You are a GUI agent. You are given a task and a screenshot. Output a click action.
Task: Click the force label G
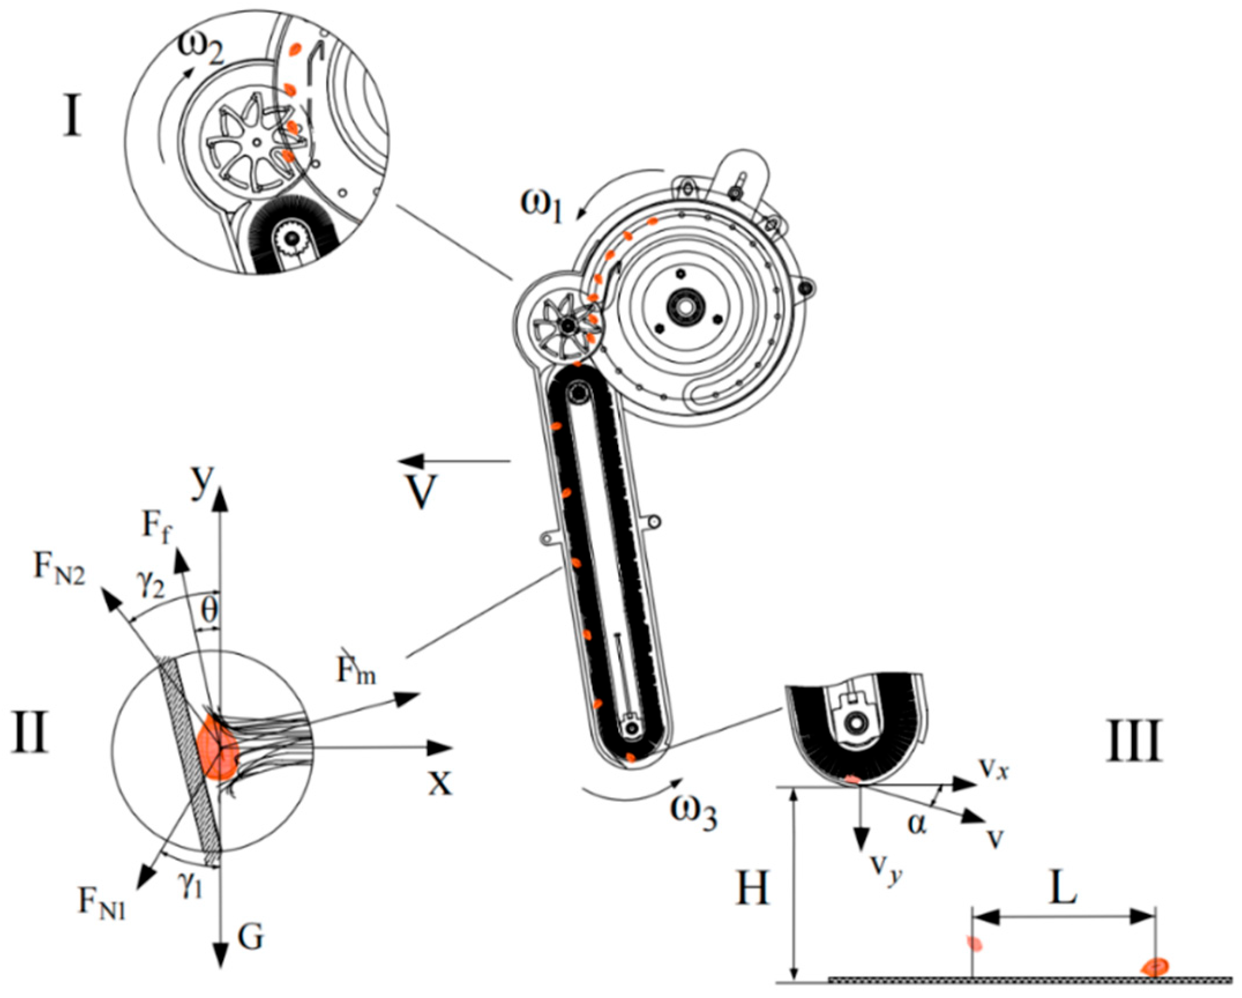[250, 937]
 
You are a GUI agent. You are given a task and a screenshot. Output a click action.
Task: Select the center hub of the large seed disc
[686, 307]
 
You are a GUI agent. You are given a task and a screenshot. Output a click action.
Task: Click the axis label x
[440, 783]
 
